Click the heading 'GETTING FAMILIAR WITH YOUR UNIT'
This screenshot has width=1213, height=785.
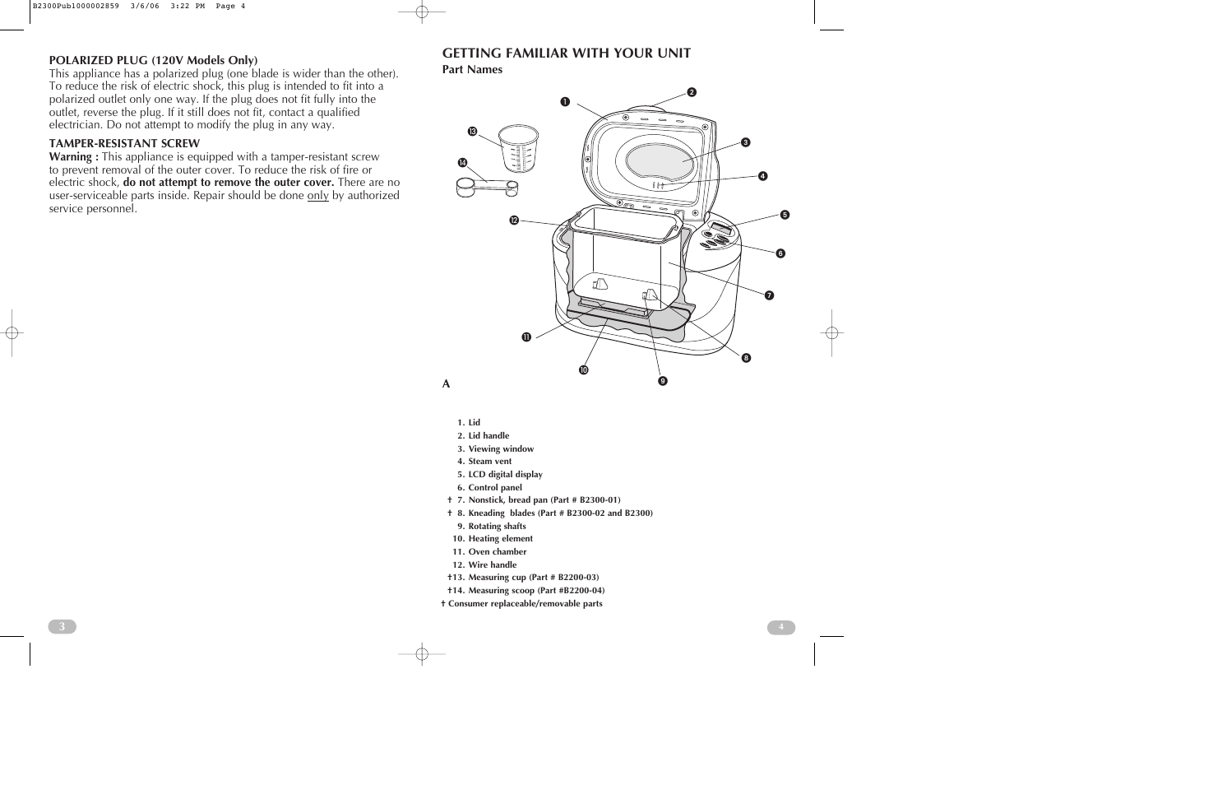tap(567, 53)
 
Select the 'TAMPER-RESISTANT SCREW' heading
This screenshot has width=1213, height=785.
tap(124, 143)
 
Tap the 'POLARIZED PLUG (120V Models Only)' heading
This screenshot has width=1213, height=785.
tap(153, 60)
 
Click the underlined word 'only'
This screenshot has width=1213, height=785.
tap(317, 196)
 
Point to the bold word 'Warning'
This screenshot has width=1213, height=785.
tap(73, 156)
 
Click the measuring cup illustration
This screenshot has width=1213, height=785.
tap(519, 148)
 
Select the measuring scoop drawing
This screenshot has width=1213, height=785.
tap(488, 188)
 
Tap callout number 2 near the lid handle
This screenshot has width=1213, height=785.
tap(692, 92)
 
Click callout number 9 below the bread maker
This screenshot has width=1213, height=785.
tap(662, 381)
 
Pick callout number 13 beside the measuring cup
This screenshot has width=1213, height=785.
tap(473, 132)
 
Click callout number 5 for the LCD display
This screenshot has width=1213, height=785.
tap(785, 215)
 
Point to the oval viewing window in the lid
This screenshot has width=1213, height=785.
tap(660, 161)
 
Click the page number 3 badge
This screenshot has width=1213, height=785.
tap(62, 627)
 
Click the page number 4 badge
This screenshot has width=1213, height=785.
tap(781, 627)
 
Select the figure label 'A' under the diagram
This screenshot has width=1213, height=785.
tap(447, 384)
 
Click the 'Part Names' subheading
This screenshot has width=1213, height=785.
tap(472, 70)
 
